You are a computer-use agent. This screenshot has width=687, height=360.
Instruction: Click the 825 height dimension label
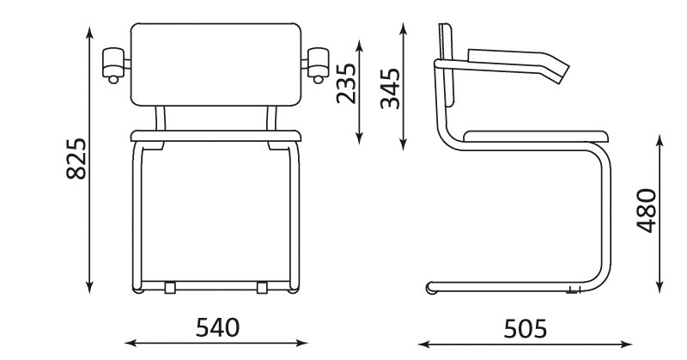pos(76,159)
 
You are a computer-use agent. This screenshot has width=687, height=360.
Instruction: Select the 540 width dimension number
pos(218,327)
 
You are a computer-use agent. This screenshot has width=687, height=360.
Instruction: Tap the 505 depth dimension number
pos(526,328)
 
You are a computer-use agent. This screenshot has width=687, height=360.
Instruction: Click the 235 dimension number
pos(347,83)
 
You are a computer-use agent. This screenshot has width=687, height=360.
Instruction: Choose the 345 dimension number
pos(391,88)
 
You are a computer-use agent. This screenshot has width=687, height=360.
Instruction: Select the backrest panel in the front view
pos(216,64)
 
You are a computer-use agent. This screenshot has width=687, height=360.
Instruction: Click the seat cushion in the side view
pos(535,136)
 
